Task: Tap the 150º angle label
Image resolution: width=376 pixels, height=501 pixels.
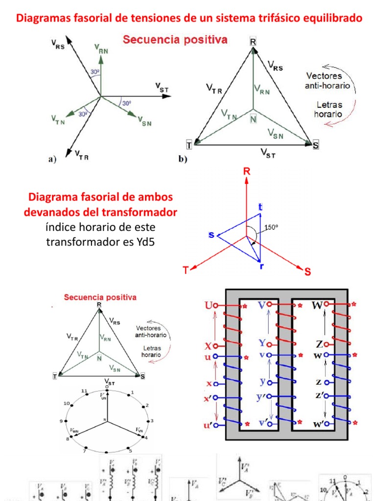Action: (271, 228)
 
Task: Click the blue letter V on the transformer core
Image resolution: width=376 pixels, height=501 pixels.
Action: (262, 305)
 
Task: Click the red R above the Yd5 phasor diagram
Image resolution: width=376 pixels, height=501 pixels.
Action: (246, 172)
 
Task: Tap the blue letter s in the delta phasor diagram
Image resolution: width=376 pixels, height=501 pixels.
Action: (211, 235)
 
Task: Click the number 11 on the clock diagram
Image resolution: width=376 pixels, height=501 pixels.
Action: (84, 391)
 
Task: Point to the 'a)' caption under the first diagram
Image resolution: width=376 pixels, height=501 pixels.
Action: (52, 158)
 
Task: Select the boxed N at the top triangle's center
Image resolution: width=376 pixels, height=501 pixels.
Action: (253, 118)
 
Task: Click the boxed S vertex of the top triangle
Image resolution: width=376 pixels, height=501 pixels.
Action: (315, 145)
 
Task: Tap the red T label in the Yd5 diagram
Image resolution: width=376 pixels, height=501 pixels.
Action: (186, 270)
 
